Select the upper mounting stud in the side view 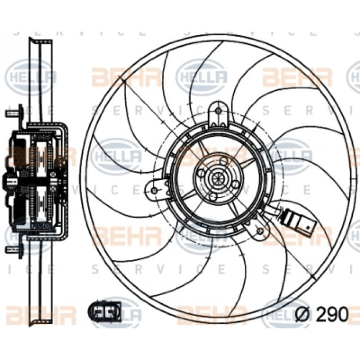[13, 112]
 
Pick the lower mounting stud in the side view [13, 250]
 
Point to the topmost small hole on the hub [224, 161]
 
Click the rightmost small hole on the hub [236, 184]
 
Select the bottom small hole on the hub [213, 197]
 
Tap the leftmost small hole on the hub [201, 173]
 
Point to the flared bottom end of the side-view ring [40, 320]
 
